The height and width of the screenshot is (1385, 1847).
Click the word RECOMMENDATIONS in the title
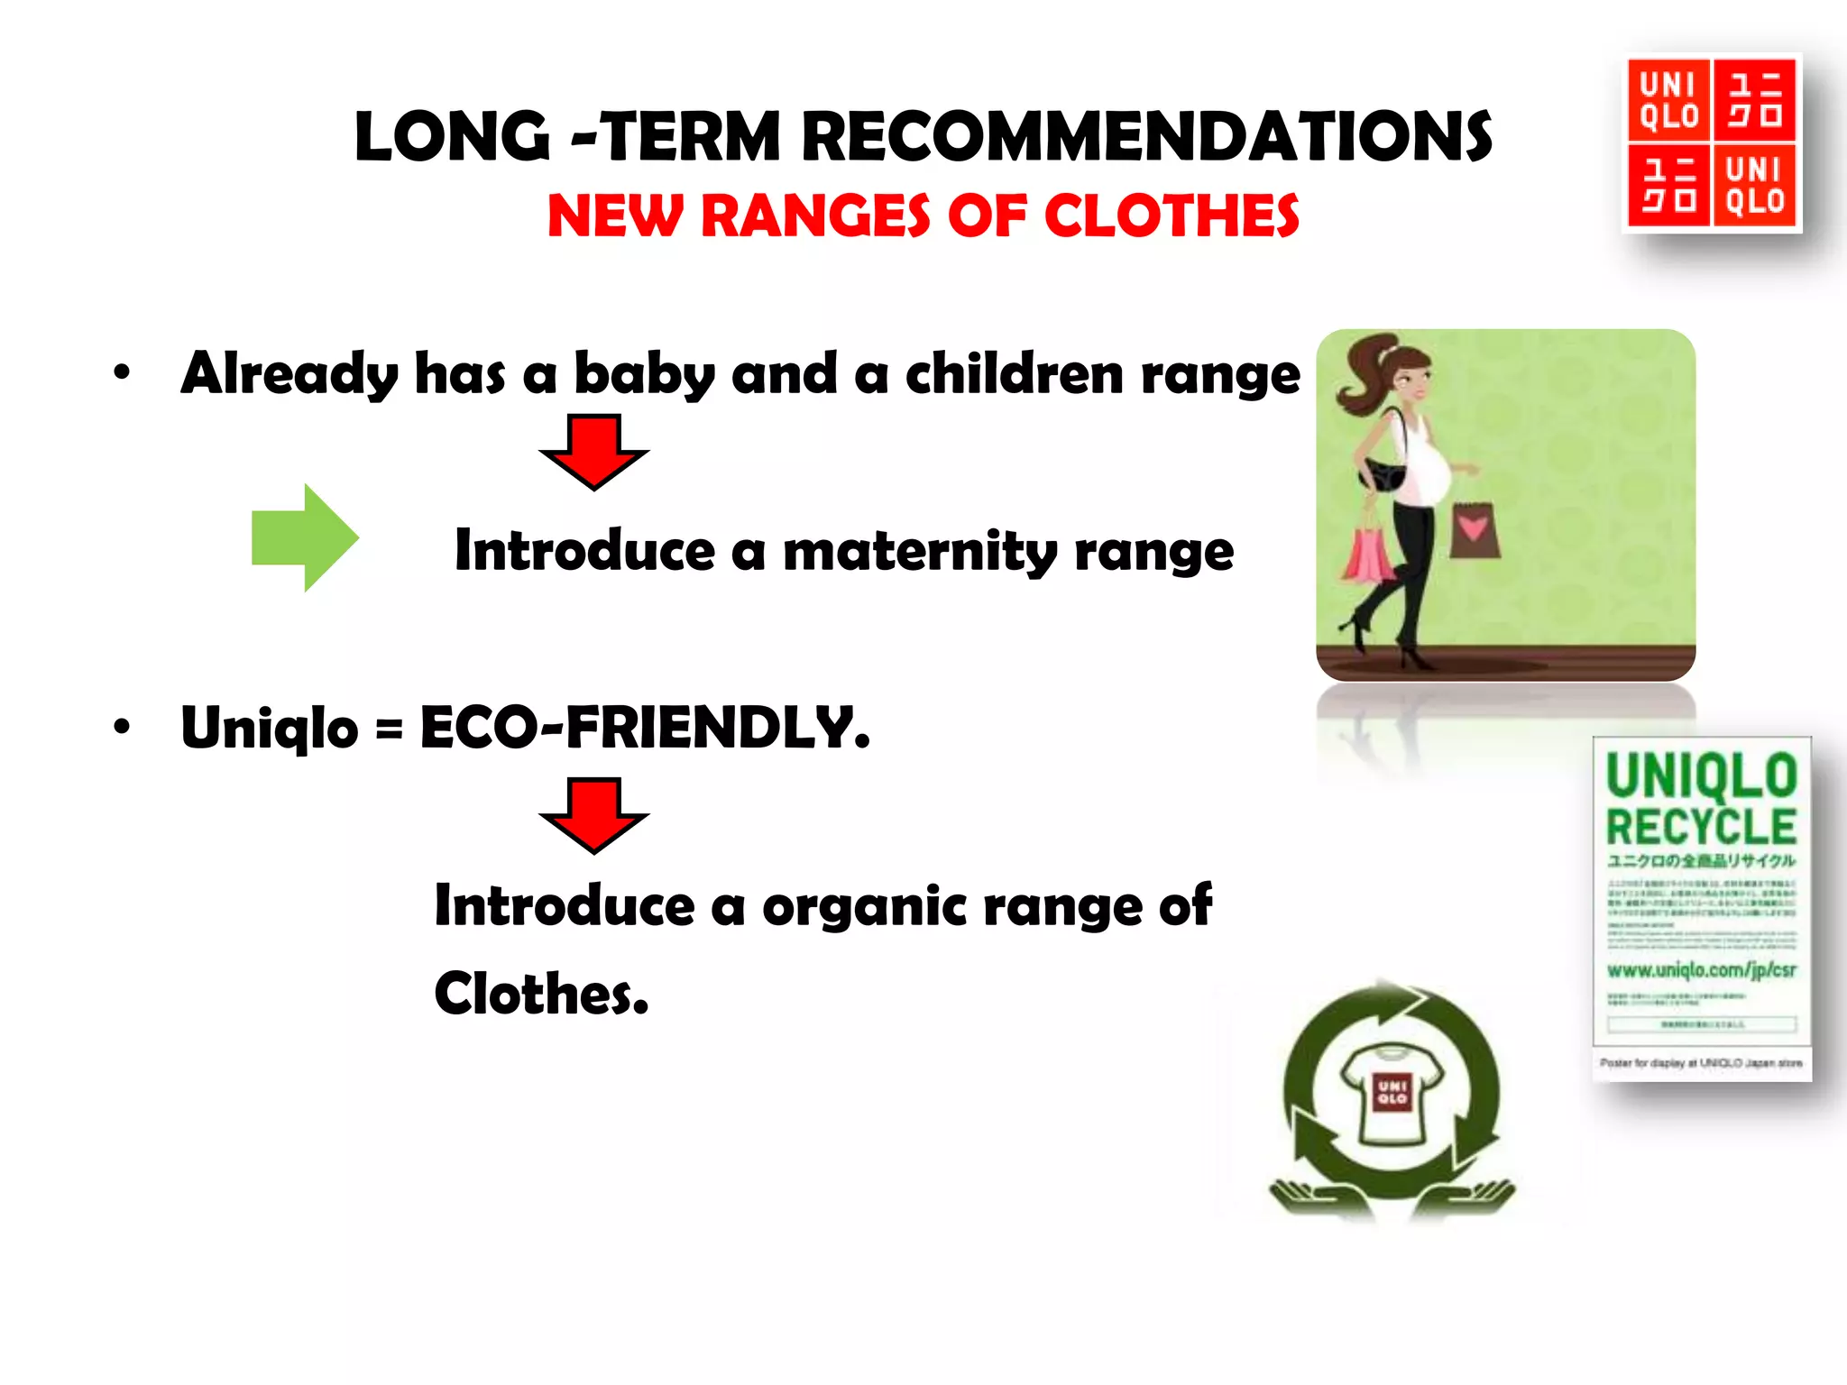[1146, 137]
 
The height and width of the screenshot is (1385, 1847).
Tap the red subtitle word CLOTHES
[1172, 217]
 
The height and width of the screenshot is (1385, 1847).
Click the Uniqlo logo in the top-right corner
[1711, 143]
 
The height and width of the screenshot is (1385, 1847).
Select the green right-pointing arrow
[305, 537]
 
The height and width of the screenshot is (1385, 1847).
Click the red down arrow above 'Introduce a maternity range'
[593, 451]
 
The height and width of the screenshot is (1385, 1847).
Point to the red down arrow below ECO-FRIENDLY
[593, 814]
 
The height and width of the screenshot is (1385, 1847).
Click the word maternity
[920, 551]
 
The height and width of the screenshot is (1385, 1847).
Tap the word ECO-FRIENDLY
[645, 728]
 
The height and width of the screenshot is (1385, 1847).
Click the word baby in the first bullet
[644, 374]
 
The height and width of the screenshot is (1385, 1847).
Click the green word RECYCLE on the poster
[1701, 826]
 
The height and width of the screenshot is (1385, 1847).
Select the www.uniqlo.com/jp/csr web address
[1701, 970]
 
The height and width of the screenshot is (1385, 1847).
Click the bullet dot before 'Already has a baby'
[122, 371]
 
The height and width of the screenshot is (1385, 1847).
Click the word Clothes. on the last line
[541, 994]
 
